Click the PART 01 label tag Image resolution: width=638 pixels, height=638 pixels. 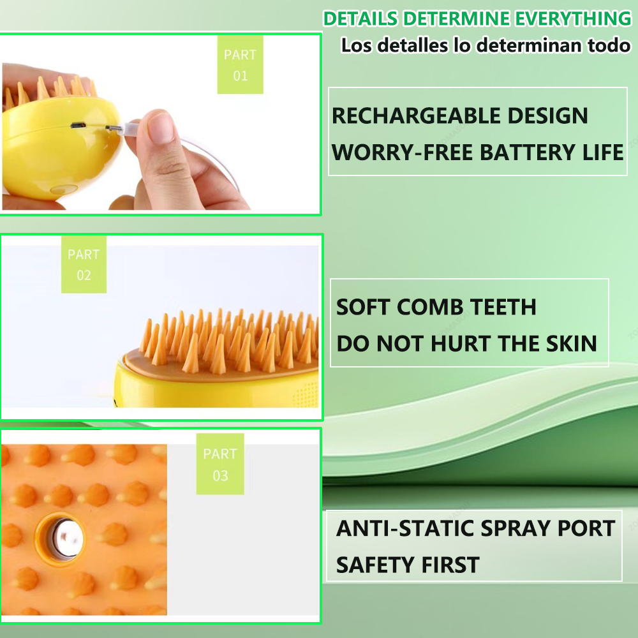tap(240, 65)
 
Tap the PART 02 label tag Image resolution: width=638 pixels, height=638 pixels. tap(84, 265)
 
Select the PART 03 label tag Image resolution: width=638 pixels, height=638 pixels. tap(220, 464)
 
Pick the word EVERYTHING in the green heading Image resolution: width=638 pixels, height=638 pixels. tap(572, 19)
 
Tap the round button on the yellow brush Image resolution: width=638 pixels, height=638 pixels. tap(61, 189)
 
